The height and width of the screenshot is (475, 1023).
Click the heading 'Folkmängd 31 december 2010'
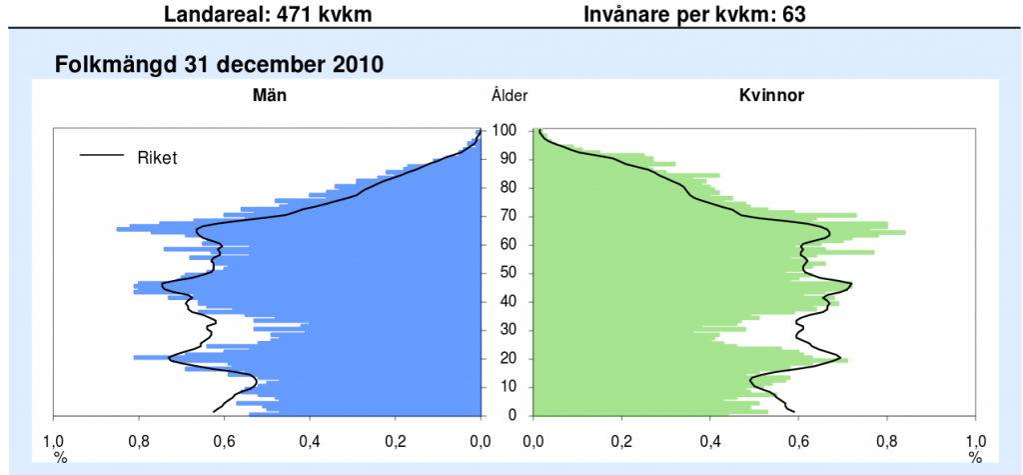(220, 65)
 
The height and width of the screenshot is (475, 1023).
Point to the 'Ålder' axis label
(510, 96)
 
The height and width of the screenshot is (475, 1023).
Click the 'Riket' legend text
(157, 156)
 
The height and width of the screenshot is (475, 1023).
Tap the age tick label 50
(508, 273)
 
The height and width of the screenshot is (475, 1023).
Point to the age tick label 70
(508, 216)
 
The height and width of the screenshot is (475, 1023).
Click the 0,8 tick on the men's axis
(139, 440)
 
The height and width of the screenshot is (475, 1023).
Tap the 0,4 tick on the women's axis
(710, 440)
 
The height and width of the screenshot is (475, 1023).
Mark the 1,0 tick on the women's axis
(975, 440)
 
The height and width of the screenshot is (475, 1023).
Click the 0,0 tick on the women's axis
(533, 440)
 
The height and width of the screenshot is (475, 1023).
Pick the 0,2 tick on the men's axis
(396, 440)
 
